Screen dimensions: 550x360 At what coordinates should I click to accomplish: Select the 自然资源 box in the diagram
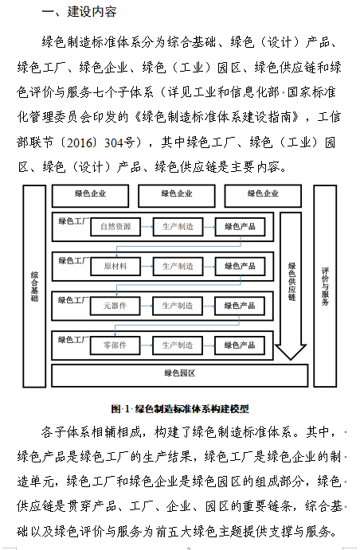(x=115, y=226)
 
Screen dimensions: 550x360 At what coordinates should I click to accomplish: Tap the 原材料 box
(x=115, y=266)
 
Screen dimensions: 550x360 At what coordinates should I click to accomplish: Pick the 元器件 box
(x=115, y=306)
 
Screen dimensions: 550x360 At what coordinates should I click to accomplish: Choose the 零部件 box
(x=115, y=345)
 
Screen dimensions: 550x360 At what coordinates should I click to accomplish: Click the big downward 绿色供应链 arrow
(x=292, y=287)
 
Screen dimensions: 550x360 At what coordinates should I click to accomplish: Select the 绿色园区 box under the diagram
(x=179, y=373)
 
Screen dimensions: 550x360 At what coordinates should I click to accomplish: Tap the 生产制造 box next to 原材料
(x=178, y=266)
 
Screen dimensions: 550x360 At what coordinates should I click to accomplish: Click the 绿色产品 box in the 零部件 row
(x=241, y=345)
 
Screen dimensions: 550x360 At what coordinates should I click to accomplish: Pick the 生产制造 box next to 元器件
(x=178, y=306)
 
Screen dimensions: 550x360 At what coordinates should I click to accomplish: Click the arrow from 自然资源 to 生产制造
(x=147, y=226)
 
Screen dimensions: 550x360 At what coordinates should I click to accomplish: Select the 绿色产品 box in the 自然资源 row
(x=241, y=226)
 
